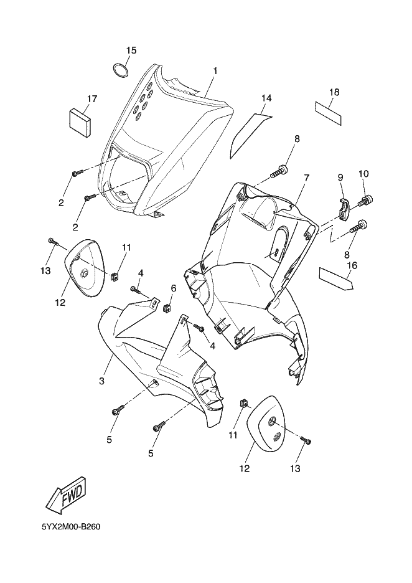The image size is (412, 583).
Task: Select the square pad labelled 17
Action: (80, 121)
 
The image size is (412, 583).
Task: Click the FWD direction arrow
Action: (70, 498)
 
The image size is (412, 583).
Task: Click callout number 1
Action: (215, 70)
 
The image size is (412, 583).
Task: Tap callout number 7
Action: (306, 178)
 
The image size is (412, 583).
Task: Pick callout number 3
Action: (102, 381)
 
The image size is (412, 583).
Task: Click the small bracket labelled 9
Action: (344, 208)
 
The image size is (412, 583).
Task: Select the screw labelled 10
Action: (365, 200)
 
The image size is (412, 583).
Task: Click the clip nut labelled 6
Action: (167, 308)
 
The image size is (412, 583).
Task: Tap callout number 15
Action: (131, 50)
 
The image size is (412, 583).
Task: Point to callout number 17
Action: (92, 98)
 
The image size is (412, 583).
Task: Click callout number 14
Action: (266, 98)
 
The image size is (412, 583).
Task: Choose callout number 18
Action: (334, 92)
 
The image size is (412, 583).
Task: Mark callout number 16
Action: (352, 265)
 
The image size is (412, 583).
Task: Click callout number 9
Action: (340, 178)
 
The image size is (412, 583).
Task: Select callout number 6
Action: (174, 288)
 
